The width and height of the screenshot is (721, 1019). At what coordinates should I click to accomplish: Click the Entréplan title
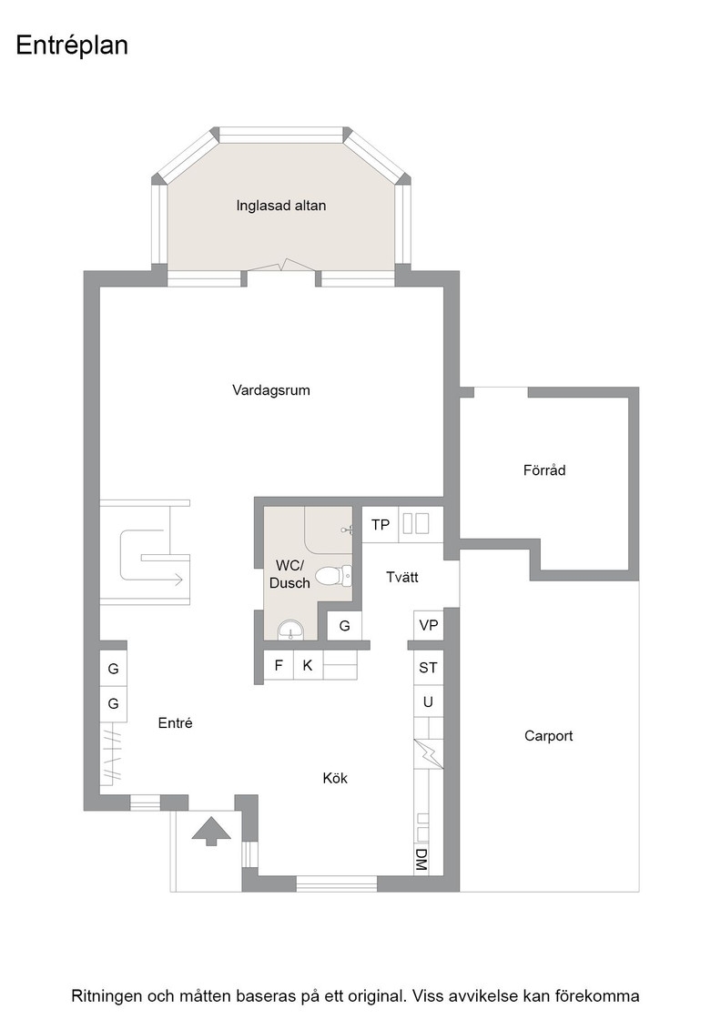[72, 45]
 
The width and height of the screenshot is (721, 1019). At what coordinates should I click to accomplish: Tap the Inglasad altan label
[281, 206]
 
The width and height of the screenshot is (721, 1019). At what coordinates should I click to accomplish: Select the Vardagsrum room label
[271, 390]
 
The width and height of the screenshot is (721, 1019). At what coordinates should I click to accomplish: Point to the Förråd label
[544, 469]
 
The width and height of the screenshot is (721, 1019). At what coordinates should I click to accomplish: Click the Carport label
[548, 736]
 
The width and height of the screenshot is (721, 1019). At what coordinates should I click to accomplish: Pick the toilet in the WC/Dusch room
[334, 575]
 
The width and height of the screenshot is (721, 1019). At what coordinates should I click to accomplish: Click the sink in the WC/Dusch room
[290, 629]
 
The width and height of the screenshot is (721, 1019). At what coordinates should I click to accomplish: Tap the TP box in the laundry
[380, 524]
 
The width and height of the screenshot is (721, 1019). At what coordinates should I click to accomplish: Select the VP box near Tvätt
[429, 625]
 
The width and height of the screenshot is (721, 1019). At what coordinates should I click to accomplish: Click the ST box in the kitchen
[429, 668]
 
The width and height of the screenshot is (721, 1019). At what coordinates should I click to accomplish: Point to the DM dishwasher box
[421, 860]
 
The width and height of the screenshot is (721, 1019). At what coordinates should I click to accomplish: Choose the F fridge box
[279, 665]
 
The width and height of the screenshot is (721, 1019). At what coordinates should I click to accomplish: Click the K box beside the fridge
[309, 665]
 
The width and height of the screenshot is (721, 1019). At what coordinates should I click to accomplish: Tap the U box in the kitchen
[429, 701]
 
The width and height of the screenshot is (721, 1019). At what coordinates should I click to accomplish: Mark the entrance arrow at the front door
[210, 832]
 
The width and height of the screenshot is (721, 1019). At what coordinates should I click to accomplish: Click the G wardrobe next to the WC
[344, 626]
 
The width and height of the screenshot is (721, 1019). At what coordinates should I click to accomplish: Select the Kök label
[336, 778]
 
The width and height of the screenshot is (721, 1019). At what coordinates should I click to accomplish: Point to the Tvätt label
[401, 577]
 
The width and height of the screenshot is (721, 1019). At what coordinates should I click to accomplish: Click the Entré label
[176, 722]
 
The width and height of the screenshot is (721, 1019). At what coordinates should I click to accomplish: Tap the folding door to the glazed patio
[281, 266]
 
